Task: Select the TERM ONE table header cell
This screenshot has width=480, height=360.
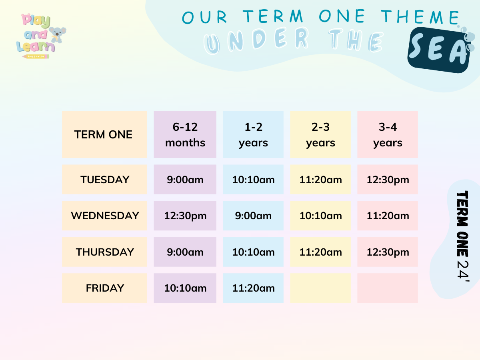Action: (x=104, y=134)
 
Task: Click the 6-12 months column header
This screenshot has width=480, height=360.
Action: (x=185, y=134)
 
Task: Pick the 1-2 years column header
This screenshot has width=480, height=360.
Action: (x=253, y=134)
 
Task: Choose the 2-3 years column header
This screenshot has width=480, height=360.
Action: (x=320, y=134)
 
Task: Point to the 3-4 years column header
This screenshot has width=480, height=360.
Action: (x=388, y=134)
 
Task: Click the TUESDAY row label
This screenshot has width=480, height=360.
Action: (x=104, y=180)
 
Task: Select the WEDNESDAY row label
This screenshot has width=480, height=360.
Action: (x=104, y=216)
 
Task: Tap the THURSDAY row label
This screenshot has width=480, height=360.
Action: (x=104, y=252)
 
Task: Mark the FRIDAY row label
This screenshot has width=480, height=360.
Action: (x=104, y=288)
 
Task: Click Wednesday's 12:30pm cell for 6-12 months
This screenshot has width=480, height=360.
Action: (x=185, y=216)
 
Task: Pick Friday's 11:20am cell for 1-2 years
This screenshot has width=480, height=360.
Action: (x=253, y=288)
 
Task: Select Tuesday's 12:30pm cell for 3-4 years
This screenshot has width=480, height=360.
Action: (x=388, y=180)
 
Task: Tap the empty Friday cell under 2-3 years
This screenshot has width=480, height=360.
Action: (x=320, y=288)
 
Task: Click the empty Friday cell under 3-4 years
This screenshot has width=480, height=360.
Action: (x=388, y=288)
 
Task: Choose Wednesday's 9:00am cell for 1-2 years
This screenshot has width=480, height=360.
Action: (x=253, y=216)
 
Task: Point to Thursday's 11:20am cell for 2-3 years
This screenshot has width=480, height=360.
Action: (x=320, y=252)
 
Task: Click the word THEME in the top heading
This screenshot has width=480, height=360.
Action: (x=420, y=17)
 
